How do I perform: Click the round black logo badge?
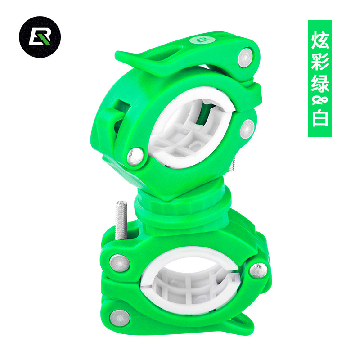tap(40, 37)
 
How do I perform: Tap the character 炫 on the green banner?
tap(320, 40)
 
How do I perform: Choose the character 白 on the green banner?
tap(320, 118)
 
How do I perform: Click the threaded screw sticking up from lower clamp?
tap(121, 220)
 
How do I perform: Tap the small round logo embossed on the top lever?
tap(202, 40)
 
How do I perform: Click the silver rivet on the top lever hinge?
tap(245, 58)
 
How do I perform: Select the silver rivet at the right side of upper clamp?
tap(247, 129)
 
